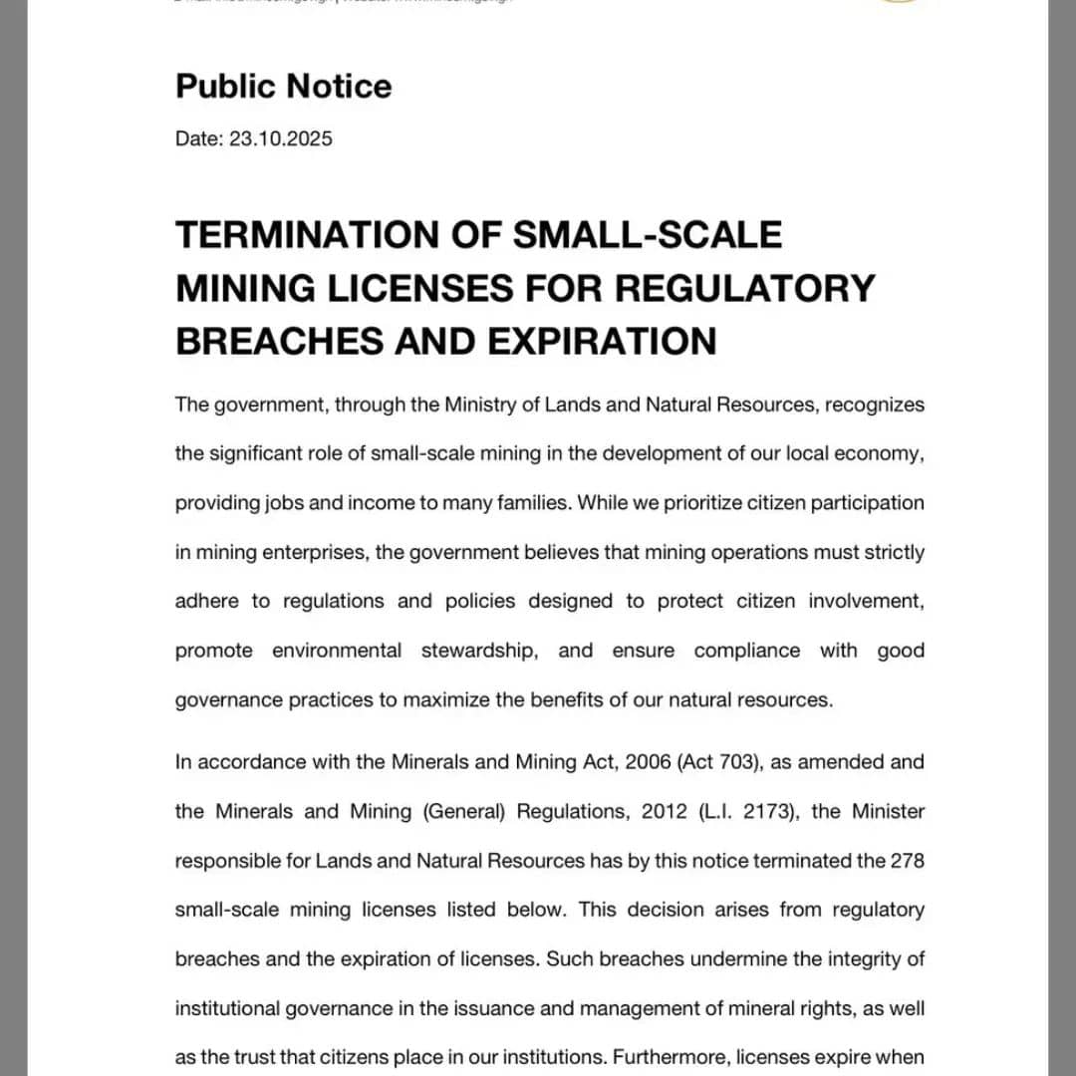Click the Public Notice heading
(x=283, y=87)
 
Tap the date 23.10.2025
(x=280, y=138)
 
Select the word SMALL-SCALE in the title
(x=648, y=235)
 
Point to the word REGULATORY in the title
(x=744, y=288)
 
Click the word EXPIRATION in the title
(x=602, y=341)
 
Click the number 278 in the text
(x=907, y=860)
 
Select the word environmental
(x=337, y=651)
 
